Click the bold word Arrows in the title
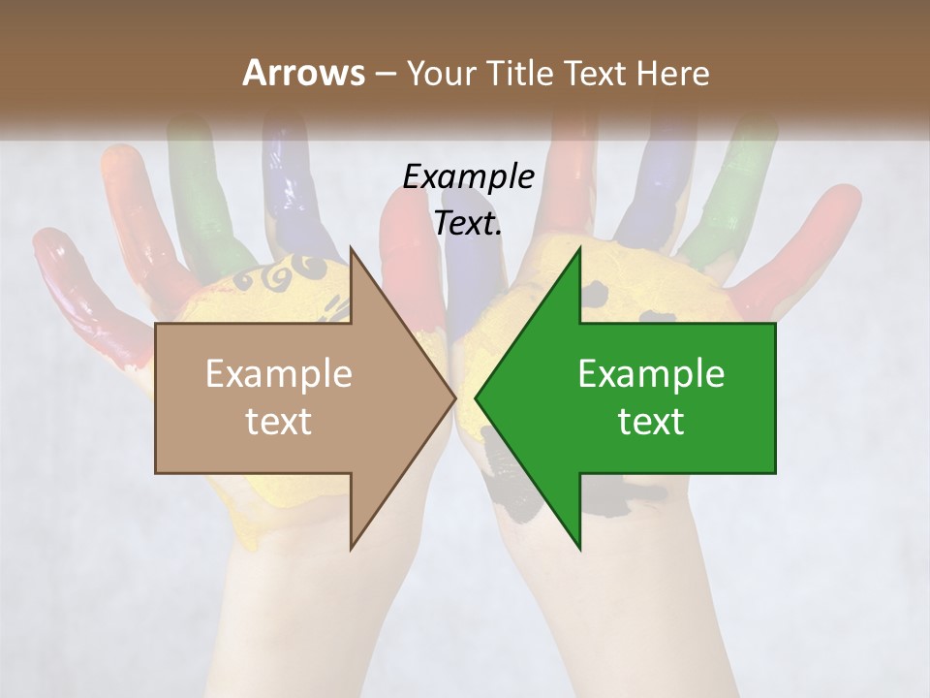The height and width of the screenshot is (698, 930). (302, 73)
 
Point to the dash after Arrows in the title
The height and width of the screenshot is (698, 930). (385, 74)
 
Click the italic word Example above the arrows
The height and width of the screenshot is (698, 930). (469, 177)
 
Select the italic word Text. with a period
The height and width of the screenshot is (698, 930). (469, 224)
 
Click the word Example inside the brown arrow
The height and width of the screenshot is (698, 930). (279, 374)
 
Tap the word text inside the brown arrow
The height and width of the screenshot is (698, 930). (279, 422)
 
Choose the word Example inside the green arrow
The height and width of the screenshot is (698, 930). (651, 374)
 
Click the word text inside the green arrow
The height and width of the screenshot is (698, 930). (651, 422)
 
